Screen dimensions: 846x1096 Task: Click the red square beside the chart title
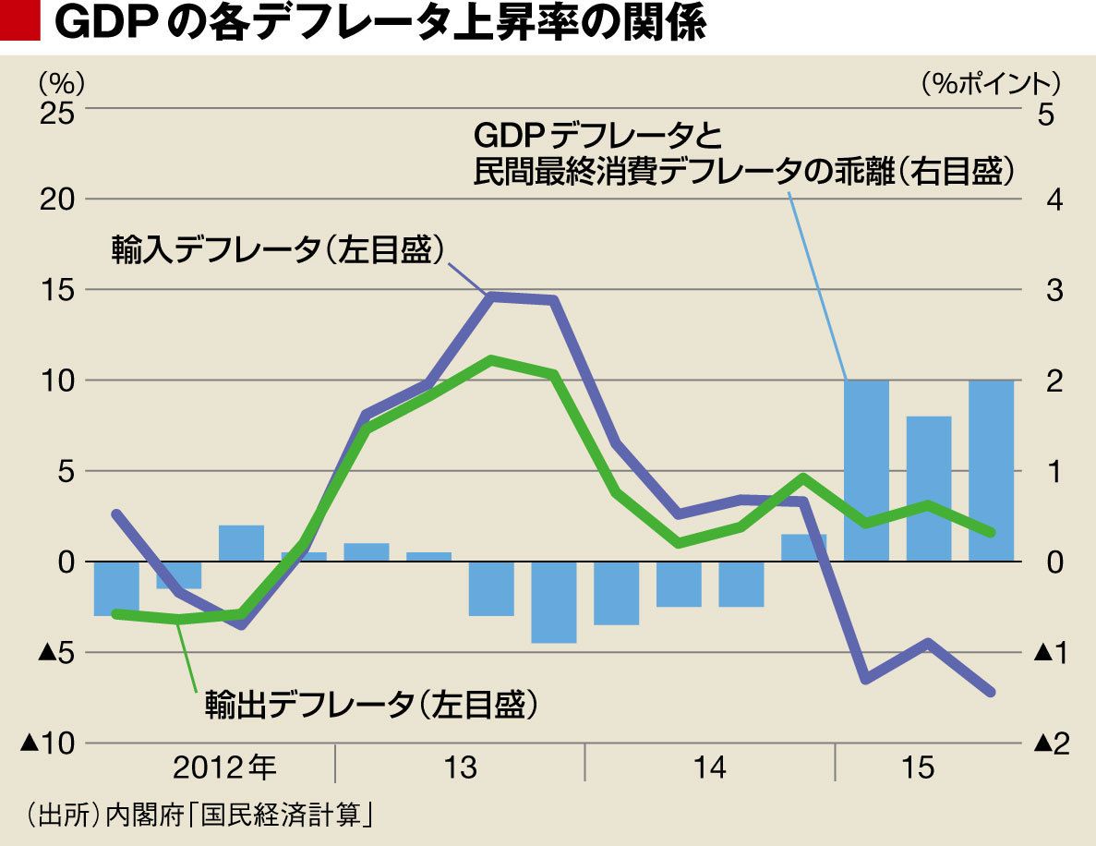20,22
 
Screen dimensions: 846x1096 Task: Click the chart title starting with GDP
379,24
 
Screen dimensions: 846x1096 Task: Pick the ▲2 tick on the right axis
1051,743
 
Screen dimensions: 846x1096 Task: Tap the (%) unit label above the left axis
61,82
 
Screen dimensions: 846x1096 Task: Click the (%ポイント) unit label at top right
990,82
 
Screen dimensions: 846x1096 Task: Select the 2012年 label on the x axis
224,767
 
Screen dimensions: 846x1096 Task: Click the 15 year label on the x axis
921,767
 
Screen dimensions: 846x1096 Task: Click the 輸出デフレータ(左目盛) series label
369,706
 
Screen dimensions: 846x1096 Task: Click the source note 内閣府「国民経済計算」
239,816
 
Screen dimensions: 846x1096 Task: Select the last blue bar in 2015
991,470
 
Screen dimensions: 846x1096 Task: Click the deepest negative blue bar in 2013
553,601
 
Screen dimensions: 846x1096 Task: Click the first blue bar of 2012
116,588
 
